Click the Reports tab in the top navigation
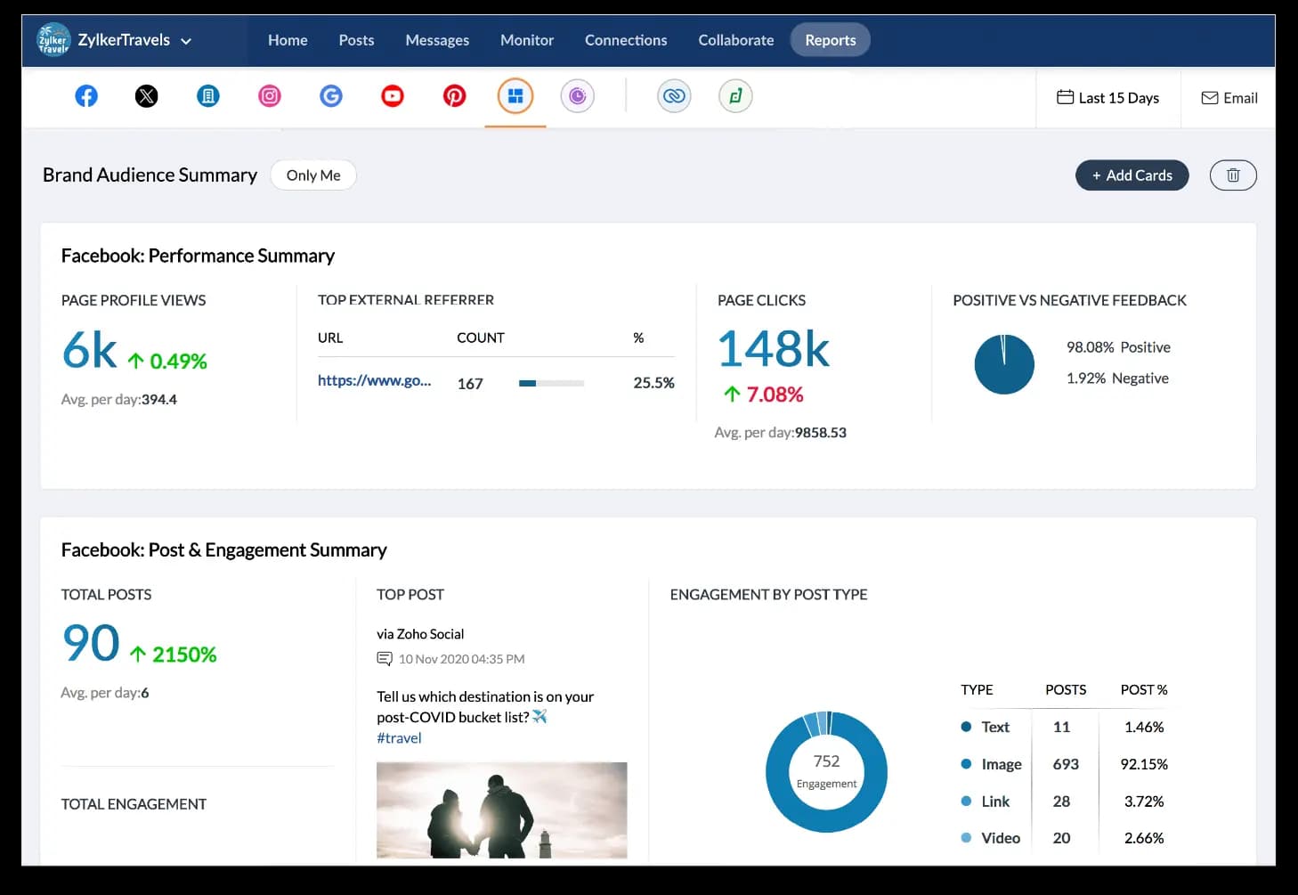pyautogui.click(x=830, y=40)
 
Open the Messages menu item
pyautogui.click(x=436, y=40)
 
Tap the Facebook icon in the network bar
pyautogui.click(x=86, y=96)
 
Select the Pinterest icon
pyautogui.click(x=454, y=96)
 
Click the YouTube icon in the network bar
pyautogui.click(x=393, y=96)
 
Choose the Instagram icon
pyautogui.click(x=270, y=96)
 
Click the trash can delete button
pyautogui.click(x=1233, y=175)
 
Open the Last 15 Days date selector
pyautogui.click(x=1107, y=98)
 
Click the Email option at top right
pyautogui.click(x=1229, y=98)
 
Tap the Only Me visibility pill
pyautogui.click(x=313, y=175)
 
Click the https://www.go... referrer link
pyautogui.click(x=374, y=381)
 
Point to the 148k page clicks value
pyautogui.click(x=773, y=348)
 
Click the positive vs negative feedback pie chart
pyautogui.click(x=1004, y=364)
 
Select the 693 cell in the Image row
pyautogui.click(x=1065, y=764)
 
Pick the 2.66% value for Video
pyautogui.click(x=1143, y=838)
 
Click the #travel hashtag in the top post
pyautogui.click(x=399, y=737)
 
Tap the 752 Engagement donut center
pyautogui.click(x=826, y=770)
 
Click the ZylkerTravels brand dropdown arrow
pyautogui.click(x=186, y=41)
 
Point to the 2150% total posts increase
pyautogui.click(x=183, y=655)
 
